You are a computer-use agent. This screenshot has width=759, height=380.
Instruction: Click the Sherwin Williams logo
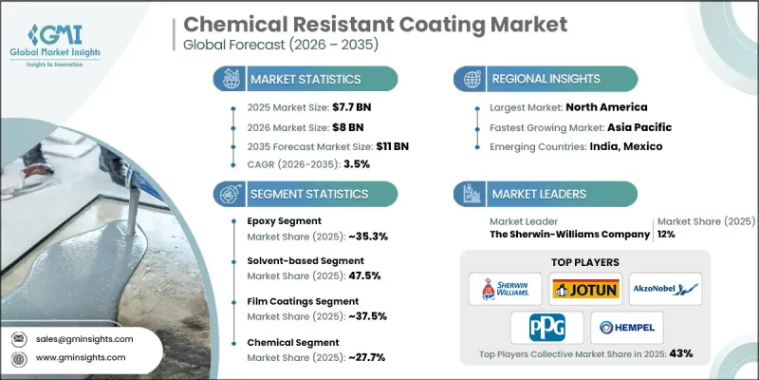504,290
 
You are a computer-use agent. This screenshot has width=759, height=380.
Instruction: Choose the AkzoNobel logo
664,290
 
